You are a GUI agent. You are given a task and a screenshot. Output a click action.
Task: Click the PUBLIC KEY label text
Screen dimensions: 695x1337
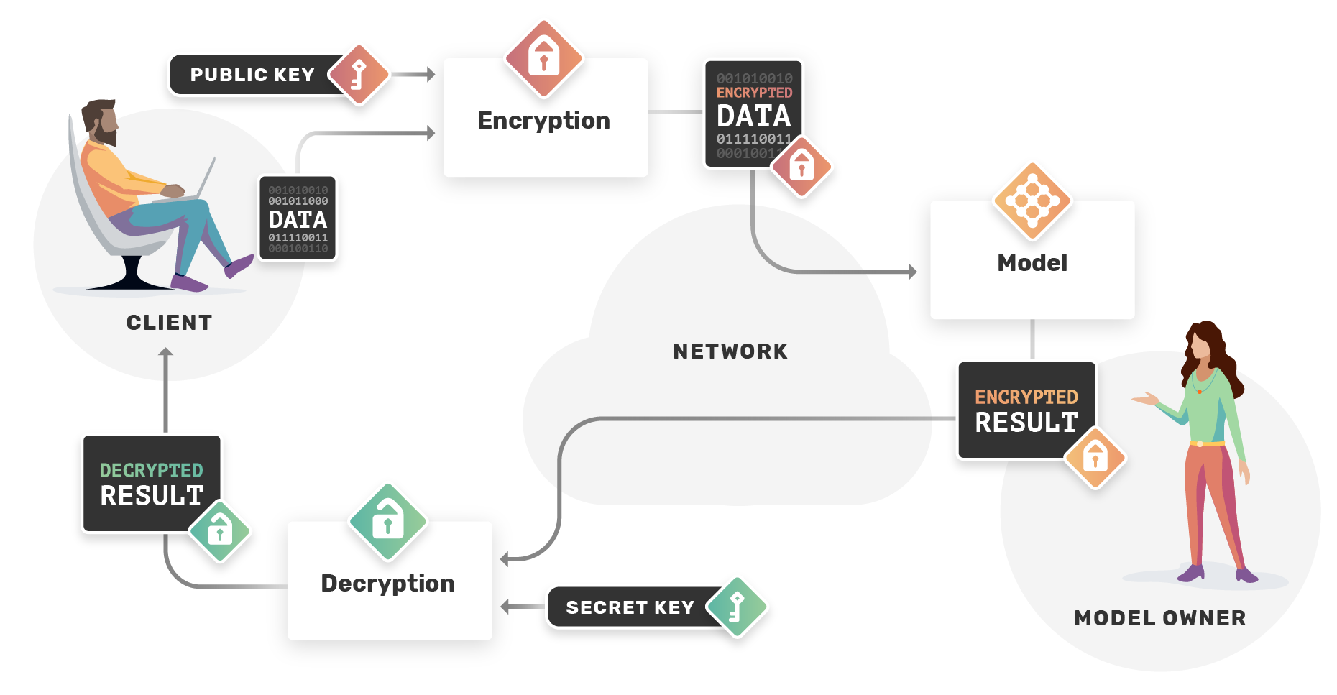pyautogui.click(x=252, y=75)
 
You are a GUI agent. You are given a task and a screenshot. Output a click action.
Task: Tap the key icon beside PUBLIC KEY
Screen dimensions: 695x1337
pyautogui.click(x=359, y=74)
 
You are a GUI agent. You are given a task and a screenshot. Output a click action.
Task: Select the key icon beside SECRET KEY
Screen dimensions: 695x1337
pyautogui.click(x=737, y=607)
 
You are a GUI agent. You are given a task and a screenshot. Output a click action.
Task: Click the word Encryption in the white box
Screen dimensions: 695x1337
pyautogui.click(x=543, y=120)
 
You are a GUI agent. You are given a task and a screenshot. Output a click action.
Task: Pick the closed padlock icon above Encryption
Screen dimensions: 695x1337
pyautogui.click(x=544, y=57)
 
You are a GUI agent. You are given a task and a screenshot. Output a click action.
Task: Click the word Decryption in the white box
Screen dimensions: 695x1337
pyautogui.click(x=387, y=583)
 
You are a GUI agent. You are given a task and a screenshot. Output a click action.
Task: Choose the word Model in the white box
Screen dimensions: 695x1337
pyautogui.click(x=1032, y=262)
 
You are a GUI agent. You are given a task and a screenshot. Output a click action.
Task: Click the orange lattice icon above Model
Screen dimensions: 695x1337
pyautogui.click(x=1032, y=200)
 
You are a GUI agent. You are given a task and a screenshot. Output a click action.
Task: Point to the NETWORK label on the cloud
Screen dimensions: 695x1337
pyautogui.click(x=730, y=351)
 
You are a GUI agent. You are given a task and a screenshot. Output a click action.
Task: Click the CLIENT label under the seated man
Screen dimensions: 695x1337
pyautogui.click(x=170, y=323)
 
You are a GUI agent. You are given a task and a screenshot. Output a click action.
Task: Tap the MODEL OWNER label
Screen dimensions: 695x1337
pyautogui.click(x=1160, y=618)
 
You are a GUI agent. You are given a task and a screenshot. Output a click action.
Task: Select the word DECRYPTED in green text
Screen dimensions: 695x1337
pyautogui.click(x=151, y=470)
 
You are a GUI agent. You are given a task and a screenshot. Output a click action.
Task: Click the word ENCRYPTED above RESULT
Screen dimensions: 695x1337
pyautogui.click(x=1026, y=397)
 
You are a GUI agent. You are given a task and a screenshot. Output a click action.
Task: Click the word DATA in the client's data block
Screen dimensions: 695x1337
pyautogui.click(x=298, y=219)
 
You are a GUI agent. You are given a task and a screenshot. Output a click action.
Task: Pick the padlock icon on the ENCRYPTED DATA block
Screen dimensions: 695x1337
pyautogui.click(x=801, y=166)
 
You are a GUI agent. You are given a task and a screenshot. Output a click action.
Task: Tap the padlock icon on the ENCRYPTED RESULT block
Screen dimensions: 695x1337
pyautogui.click(x=1095, y=457)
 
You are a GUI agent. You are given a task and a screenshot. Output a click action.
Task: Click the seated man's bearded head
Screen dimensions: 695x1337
pyautogui.click(x=101, y=122)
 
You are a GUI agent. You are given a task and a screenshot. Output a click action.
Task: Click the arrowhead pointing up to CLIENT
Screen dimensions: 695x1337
pyautogui.click(x=166, y=353)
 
